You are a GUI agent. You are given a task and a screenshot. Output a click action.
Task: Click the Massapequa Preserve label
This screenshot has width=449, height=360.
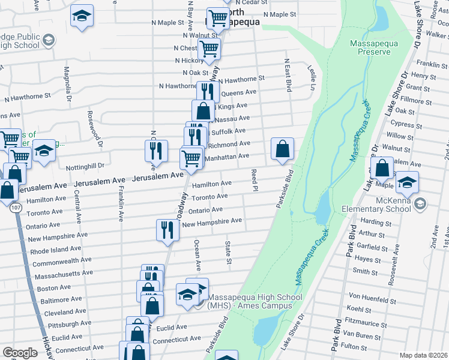[x=374, y=47]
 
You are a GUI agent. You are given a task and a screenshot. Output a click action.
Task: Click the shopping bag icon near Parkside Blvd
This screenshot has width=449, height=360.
[x=282, y=149]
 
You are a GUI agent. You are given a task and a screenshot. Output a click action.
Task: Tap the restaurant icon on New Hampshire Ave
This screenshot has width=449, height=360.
[x=167, y=230]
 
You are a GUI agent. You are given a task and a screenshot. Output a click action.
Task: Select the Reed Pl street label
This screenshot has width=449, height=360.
[x=255, y=180]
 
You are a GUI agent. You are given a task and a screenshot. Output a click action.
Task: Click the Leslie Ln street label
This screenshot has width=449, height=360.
[x=312, y=79]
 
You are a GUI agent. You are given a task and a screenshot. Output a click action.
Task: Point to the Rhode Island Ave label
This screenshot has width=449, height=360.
[x=56, y=249]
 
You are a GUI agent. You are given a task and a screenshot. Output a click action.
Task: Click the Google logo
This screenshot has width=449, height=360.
[x=20, y=353]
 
